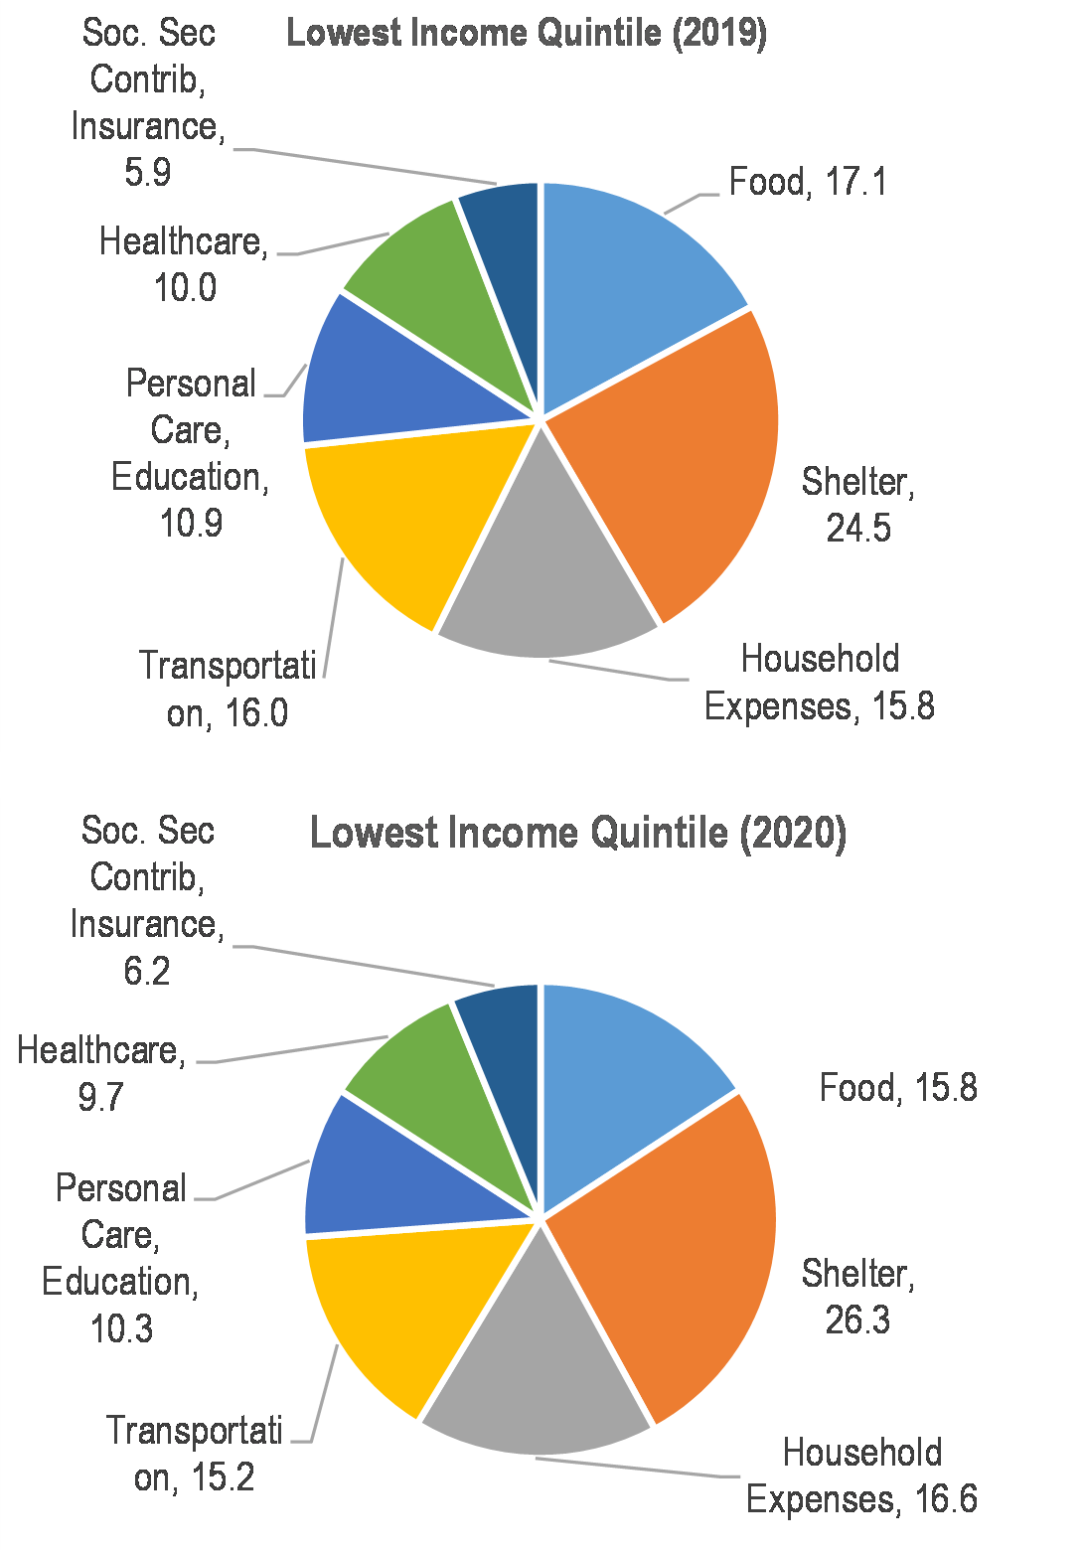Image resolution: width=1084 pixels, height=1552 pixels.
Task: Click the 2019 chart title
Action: tap(527, 33)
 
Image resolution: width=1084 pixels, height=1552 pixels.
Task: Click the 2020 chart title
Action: tap(578, 833)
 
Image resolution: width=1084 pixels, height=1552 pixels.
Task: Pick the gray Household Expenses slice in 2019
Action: tap(546, 576)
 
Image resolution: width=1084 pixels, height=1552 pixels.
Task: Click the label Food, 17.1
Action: tap(808, 182)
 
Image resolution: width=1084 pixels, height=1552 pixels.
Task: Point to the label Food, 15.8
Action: tap(897, 1088)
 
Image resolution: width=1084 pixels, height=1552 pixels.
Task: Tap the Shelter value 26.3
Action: tap(857, 1320)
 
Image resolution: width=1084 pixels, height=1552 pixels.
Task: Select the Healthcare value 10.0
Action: tap(185, 288)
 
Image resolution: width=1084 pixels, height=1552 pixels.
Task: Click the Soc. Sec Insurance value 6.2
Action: tap(147, 971)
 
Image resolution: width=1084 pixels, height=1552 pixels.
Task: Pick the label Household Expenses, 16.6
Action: tap(861, 1475)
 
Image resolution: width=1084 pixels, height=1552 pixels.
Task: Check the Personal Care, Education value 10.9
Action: tap(191, 524)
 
